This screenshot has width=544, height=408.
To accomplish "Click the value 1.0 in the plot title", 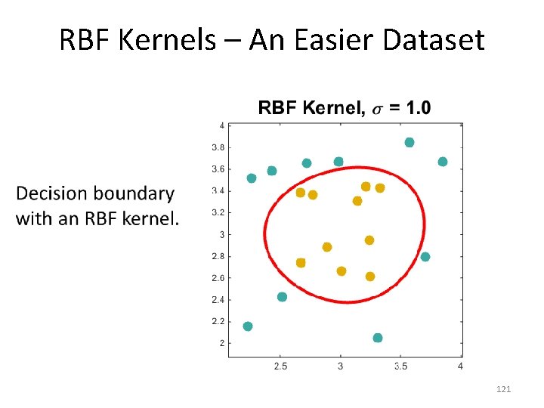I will pyautogui.click(x=419, y=108).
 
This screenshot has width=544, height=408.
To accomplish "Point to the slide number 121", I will pyautogui.click(x=504, y=389).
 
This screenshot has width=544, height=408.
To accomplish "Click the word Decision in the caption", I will pyautogui.click(x=57, y=193).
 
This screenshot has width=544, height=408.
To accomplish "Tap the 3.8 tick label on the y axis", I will pyautogui.click(x=217, y=147).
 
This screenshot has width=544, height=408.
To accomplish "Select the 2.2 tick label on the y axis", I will pyautogui.click(x=217, y=322).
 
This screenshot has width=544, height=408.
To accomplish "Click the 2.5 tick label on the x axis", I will pyautogui.click(x=280, y=366).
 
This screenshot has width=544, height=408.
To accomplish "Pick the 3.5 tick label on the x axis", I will pyautogui.click(x=400, y=366).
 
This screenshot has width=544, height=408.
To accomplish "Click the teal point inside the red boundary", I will pyautogui.click(x=425, y=257).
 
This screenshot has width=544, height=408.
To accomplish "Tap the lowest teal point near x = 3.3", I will pyautogui.click(x=378, y=338).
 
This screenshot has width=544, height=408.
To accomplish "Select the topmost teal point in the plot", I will pyautogui.click(x=410, y=142).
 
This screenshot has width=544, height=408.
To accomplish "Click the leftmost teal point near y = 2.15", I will pyautogui.click(x=248, y=326).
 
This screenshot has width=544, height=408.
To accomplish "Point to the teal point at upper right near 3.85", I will pyautogui.click(x=443, y=162).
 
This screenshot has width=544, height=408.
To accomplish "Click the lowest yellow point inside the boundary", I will pyautogui.click(x=370, y=277).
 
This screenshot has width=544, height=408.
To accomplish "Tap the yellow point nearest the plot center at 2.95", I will pyautogui.click(x=369, y=240).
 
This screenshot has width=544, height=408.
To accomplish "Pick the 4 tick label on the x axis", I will pyautogui.click(x=460, y=366).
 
